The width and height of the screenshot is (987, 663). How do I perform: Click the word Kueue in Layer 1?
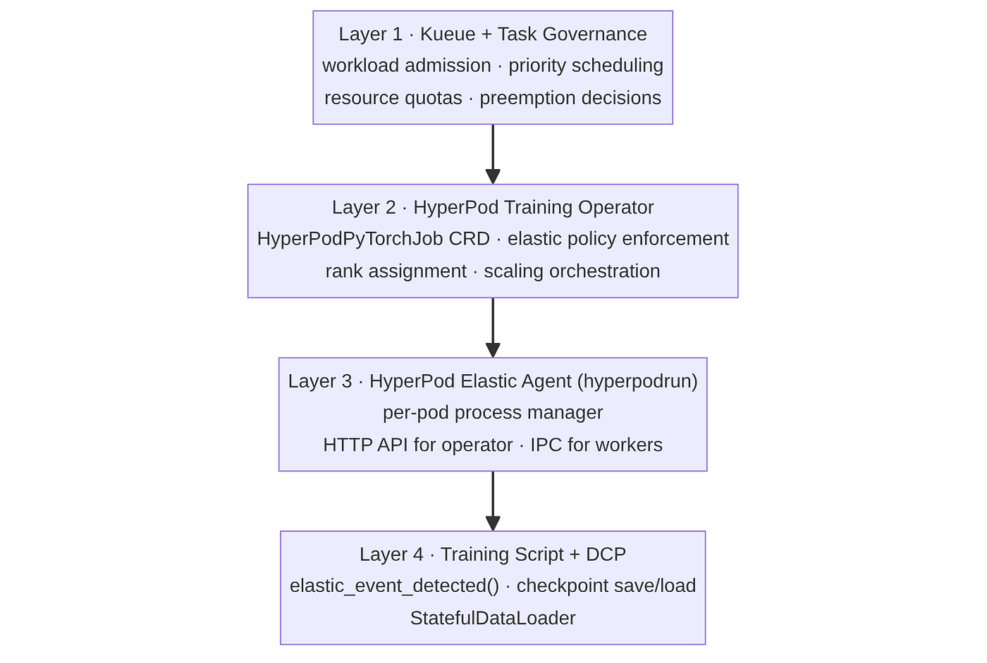tap(448, 35)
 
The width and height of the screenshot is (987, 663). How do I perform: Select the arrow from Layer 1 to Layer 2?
tap(493, 154)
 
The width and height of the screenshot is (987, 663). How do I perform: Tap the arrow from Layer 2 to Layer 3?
tap(493, 328)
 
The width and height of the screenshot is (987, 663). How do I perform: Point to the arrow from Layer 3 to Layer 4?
tap(493, 501)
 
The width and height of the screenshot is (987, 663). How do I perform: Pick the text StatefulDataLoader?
tap(493, 618)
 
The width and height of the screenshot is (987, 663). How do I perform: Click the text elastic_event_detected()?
tap(394, 586)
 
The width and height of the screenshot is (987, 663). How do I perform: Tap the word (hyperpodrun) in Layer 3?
tap(637, 381)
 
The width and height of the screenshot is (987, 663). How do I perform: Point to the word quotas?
tap(433, 98)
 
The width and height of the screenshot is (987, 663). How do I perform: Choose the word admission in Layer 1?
tap(448, 66)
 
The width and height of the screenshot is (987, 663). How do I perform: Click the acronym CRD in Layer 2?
tap(470, 239)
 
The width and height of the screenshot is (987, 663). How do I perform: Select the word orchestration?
tap(605, 271)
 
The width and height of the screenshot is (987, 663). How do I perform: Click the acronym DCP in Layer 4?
tap(606, 554)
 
